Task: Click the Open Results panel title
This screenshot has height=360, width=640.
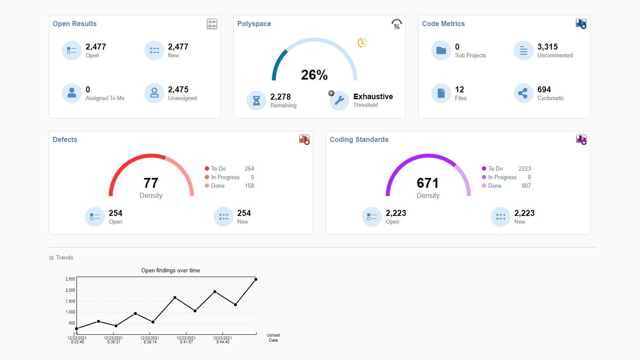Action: point(74,24)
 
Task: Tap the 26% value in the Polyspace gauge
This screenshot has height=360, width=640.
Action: point(314,75)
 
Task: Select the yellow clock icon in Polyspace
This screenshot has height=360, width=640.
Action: point(362,43)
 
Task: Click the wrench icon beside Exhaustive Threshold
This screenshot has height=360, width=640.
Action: point(339,100)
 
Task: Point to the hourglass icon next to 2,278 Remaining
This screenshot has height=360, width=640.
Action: point(257,100)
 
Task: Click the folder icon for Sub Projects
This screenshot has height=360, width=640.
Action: point(441,51)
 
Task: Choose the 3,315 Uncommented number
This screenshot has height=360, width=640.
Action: point(547,47)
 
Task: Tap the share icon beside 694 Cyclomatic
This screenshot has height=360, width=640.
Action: point(523,93)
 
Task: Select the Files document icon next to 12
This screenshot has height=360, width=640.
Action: point(441,93)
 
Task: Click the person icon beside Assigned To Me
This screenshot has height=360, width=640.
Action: point(72,93)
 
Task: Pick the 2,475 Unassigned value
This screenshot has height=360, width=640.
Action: point(178,90)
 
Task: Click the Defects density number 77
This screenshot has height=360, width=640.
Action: point(151,183)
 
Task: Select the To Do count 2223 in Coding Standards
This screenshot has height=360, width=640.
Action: point(525,169)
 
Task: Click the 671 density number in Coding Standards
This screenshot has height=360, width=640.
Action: point(428,183)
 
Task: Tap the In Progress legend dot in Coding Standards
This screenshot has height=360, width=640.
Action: point(484,177)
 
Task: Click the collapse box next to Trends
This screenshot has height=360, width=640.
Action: point(52,258)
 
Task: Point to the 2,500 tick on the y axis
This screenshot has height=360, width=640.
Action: point(70,279)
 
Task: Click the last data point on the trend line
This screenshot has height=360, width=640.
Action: point(256,279)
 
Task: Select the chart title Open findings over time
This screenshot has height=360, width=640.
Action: point(171,271)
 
